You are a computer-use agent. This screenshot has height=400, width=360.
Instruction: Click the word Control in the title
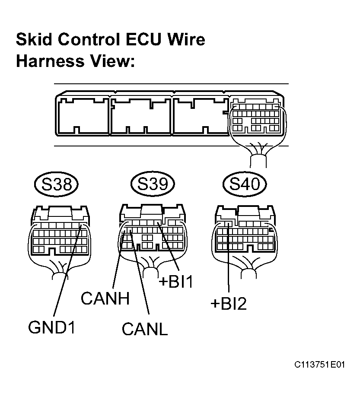click(89, 40)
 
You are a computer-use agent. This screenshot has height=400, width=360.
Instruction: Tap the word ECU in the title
click(144, 40)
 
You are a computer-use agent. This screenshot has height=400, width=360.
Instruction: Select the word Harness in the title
click(50, 61)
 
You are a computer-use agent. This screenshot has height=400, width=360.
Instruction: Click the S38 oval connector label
click(56, 184)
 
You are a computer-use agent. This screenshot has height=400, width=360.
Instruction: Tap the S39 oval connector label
click(153, 184)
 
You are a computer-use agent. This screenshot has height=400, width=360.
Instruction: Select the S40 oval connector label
click(245, 184)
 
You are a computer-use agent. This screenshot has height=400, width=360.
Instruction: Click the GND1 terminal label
click(52, 327)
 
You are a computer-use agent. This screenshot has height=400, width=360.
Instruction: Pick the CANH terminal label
click(105, 298)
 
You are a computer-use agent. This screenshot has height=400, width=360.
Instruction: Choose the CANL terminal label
click(145, 329)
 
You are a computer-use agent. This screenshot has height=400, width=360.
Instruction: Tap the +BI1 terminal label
click(176, 282)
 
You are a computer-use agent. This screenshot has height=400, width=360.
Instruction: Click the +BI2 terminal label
click(229, 304)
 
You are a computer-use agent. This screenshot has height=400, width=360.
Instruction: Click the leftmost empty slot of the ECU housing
click(83, 116)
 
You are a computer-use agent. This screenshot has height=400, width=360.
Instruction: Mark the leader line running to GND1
click(67, 271)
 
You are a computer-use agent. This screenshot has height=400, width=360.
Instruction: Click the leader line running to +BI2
click(229, 257)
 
